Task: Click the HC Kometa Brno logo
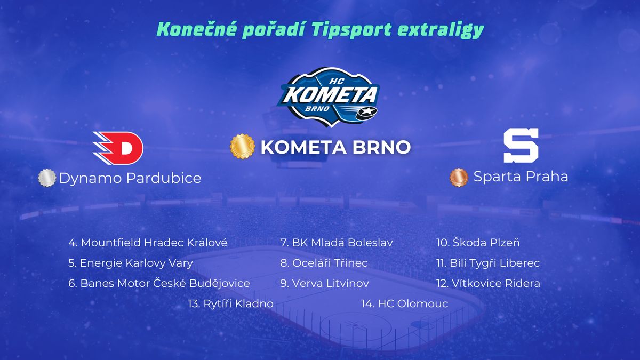[328, 97]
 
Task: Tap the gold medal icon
[242, 146]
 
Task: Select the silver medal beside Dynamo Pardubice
[47, 178]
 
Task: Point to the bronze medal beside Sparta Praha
[459, 177]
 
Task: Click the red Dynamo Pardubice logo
[118, 148]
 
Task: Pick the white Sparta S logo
[521, 146]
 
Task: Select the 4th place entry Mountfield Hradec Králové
[148, 243]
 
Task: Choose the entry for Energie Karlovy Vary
[131, 263]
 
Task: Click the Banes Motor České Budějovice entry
[159, 283]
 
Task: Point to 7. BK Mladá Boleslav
[337, 243]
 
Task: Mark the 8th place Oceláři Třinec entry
[324, 263]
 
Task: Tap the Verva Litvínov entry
[325, 283]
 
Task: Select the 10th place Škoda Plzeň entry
[478, 243]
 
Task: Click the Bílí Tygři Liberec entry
[488, 263]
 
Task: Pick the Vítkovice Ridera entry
[489, 283]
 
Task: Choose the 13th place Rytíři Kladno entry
[230, 303]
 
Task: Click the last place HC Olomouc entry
[405, 303]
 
